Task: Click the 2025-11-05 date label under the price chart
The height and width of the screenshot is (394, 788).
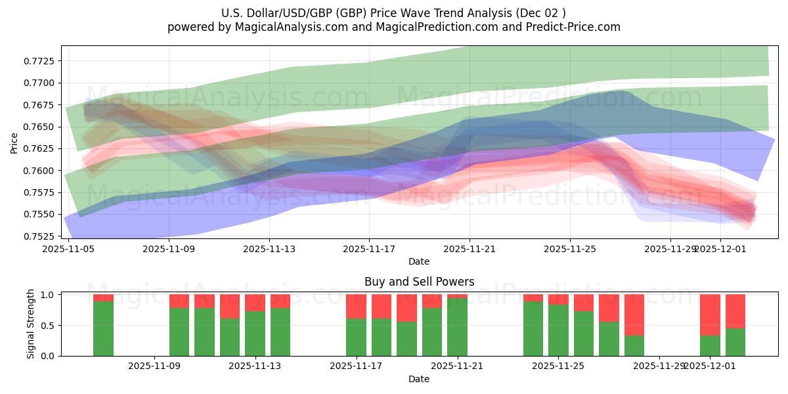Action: [x=68, y=249]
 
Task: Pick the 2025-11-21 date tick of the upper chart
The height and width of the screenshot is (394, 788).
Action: [x=470, y=249]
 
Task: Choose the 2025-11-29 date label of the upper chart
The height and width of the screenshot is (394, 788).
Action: [x=670, y=249]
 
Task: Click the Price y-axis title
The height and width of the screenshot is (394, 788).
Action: [x=14, y=142]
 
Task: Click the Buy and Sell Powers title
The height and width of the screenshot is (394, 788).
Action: [x=419, y=282]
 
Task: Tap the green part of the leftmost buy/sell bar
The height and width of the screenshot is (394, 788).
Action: [x=103, y=328]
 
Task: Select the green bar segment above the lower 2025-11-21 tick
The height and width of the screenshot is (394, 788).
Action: [x=457, y=327]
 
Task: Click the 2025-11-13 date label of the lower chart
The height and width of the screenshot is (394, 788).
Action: [x=254, y=366]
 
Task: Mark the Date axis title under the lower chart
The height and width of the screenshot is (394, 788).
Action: [x=419, y=379]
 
